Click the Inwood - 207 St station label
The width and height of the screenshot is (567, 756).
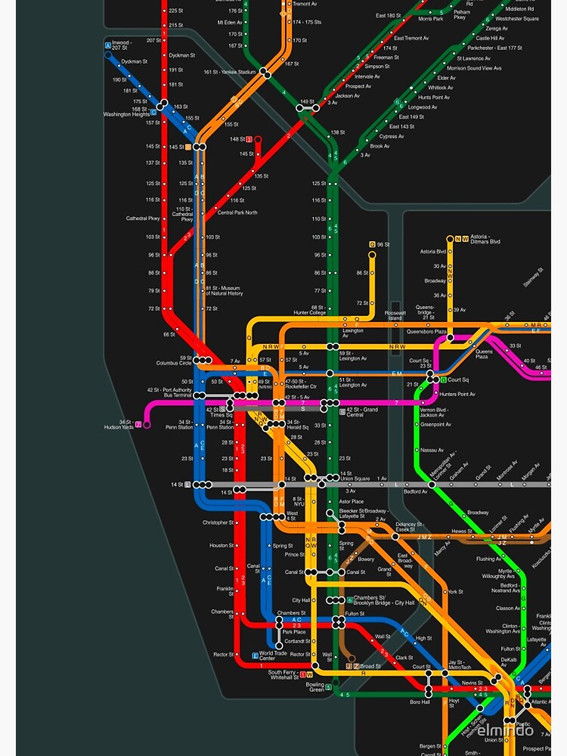click(121, 46)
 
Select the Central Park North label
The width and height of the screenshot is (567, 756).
click(237, 212)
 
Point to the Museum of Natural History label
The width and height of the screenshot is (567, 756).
click(224, 290)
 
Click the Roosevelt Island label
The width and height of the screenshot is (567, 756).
click(395, 315)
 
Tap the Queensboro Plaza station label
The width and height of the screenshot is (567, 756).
click(426, 331)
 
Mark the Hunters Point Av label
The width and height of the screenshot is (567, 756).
click(458, 394)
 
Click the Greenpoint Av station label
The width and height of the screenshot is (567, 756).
click(435, 425)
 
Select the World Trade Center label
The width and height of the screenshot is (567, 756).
click(273, 655)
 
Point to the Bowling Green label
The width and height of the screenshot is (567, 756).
click(314, 687)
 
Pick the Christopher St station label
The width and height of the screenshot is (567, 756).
click(218, 522)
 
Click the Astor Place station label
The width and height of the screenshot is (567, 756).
click(351, 501)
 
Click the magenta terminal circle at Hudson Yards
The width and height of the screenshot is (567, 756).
click(147, 424)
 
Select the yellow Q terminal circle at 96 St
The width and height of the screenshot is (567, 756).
click(372, 254)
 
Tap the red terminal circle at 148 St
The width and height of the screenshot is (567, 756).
click(258, 139)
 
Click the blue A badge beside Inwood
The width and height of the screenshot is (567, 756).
click(108, 46)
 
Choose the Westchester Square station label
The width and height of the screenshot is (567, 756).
click(517, 18)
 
